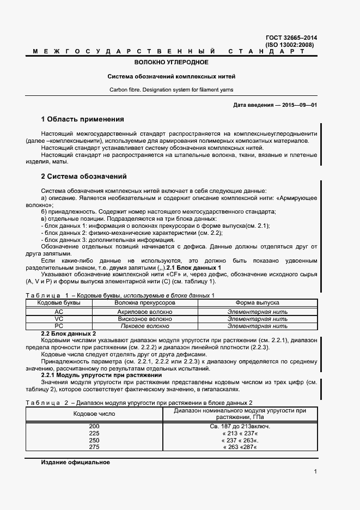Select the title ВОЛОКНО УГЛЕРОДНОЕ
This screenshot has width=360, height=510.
coord(172,63)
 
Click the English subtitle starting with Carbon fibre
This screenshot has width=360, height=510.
coord(172,89)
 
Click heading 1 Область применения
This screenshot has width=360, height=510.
coord(83,119)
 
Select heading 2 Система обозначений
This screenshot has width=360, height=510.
coord(84,177)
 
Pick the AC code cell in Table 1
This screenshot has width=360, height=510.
coord(59,312)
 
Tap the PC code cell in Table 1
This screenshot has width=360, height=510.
coord(59,326)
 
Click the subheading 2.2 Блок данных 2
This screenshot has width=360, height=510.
coord(69,333)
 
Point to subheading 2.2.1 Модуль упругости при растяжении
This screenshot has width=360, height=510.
coord(102,375)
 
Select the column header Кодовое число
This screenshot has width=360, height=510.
coord(94,414)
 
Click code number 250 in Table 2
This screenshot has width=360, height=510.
coord(94,440)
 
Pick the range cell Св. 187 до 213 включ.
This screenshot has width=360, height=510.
coord(240,426)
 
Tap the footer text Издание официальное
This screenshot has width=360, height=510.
coord(76,462)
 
